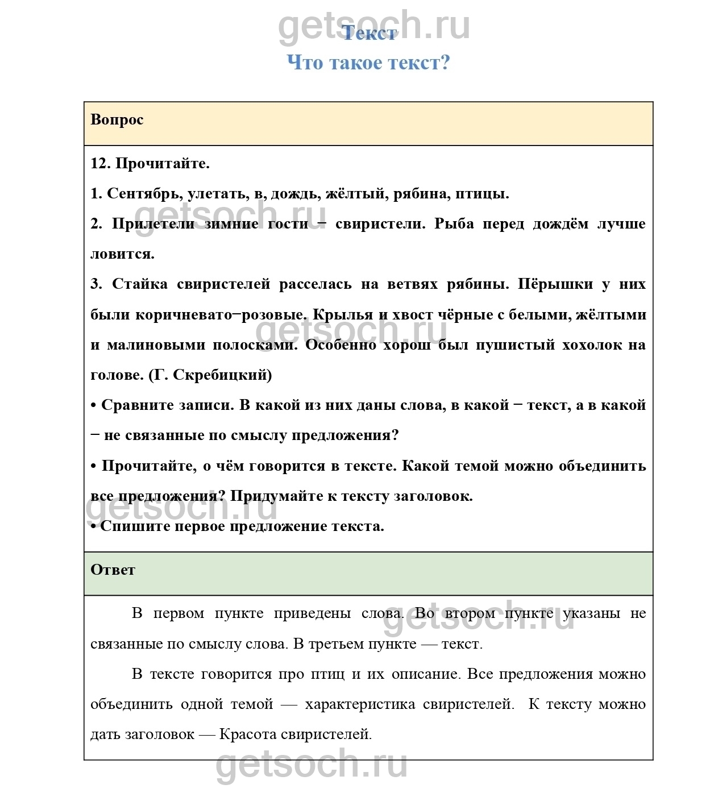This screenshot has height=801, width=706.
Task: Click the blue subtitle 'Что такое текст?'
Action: click(x=368, y=63)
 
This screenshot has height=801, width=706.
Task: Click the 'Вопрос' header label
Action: click(x=117, y=120)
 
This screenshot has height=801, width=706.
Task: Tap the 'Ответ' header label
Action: click(x=113, y=570)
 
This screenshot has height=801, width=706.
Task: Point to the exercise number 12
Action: click(x=100, y=164)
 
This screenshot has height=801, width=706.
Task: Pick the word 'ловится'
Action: click(x=122, y=254)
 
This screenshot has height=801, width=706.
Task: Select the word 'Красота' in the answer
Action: click(x=248, y=734)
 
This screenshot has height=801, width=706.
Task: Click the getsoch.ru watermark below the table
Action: click(x=312, y=765)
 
